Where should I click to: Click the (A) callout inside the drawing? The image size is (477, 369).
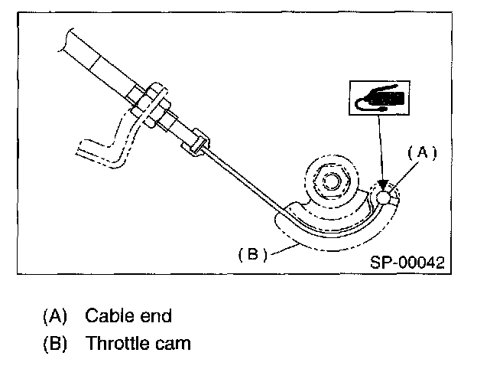tap(421, 153)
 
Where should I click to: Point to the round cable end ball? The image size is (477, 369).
tap(386, 198)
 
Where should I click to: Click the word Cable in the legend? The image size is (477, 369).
tap(107, 315)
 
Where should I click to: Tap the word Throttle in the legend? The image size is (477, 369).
tap(118, 343)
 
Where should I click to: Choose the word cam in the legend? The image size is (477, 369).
tap(174, 343)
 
